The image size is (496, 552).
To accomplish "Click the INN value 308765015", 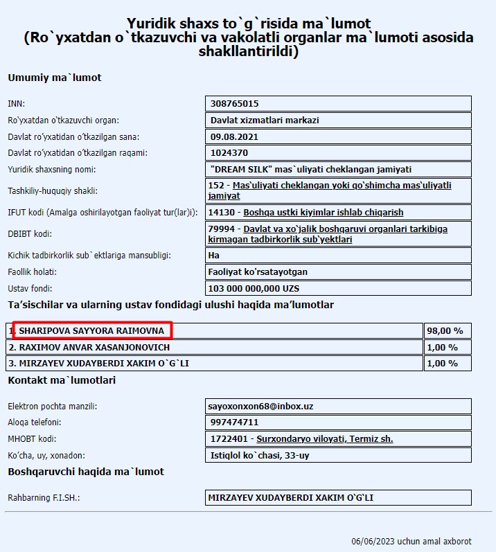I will pos(234,104).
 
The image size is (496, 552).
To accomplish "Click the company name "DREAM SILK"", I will pos(238,169).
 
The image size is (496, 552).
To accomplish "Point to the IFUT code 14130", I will pos(222,213).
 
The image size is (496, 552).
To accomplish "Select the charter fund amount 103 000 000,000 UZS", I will pos(254,288).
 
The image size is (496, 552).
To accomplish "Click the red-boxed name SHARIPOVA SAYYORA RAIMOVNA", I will pos(91,331).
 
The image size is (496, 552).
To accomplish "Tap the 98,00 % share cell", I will pos(445,331).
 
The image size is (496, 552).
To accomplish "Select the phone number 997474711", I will pos(234,422).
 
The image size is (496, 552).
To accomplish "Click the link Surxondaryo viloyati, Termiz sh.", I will pos(325,439).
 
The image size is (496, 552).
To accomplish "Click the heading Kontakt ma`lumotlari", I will pos(62,380).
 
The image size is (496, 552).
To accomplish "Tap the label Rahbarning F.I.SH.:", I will pos(48,498).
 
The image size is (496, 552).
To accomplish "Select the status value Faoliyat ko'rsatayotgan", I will pos(259,271).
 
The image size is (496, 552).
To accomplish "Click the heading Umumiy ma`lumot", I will pos(55,78).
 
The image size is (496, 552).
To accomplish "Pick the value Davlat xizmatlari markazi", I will pos(265,121).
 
